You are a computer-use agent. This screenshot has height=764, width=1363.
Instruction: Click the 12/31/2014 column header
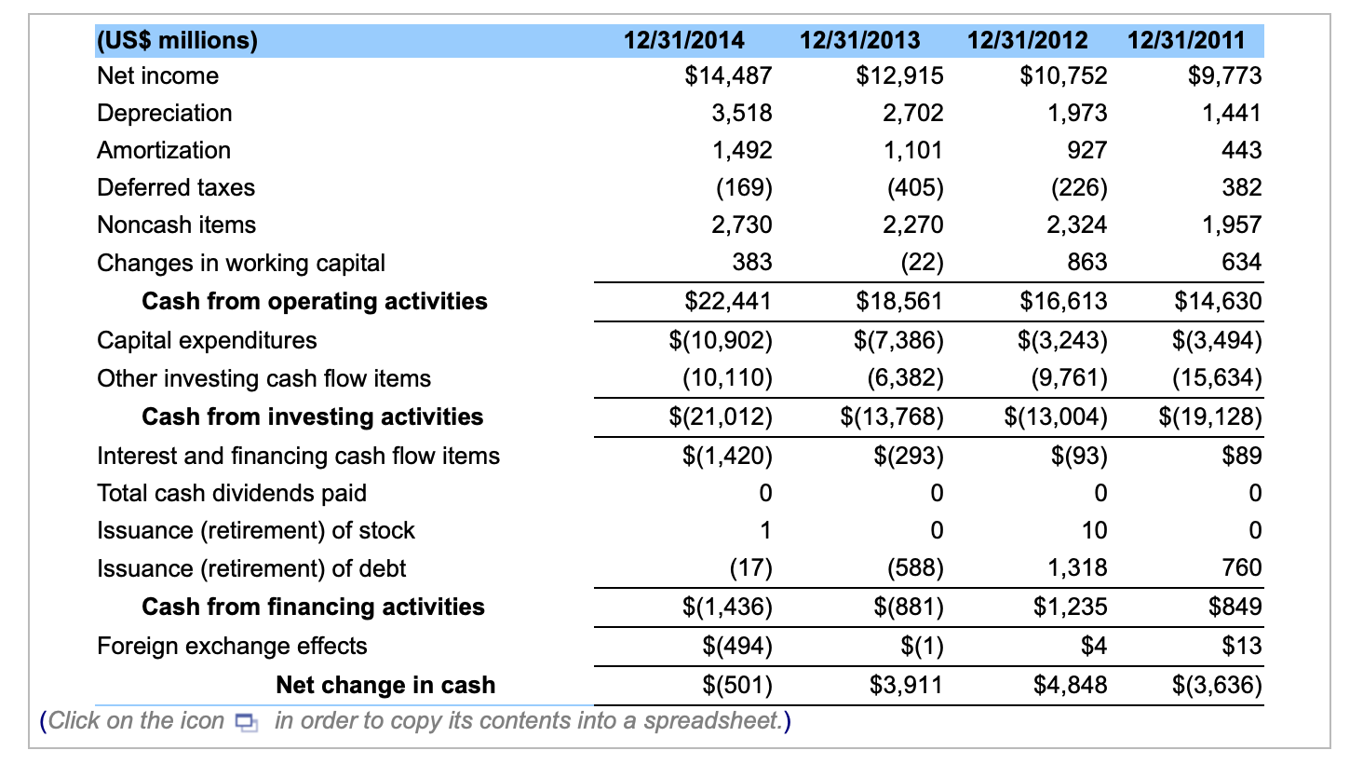pyautogui.click(x=683, y=40)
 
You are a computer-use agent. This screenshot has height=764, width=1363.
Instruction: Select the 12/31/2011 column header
pyautogui.click(x=1185, y=40)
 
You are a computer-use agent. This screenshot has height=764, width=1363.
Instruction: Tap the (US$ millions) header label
pyautogui.click(x=177, y=40)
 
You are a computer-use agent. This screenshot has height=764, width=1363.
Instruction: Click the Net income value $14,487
pyautogui.click(x=728, y=75)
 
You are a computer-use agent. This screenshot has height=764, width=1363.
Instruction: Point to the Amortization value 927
pyautogui.click(x=1086, y=150)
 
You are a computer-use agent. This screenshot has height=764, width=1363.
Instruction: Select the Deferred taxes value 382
pyautogui.click(x=1241, y=187)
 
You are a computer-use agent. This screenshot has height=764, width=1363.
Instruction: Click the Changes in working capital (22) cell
pyautogui.click(x=921, y=263)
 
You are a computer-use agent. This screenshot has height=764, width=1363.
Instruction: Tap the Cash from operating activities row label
pyautogui.click(x=314, y=301)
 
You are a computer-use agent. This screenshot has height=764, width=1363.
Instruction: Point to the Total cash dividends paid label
pyautogui.click(x=232, y=493)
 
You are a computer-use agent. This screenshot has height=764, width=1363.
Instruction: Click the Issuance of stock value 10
pyautogui.click(x=1094, y=530)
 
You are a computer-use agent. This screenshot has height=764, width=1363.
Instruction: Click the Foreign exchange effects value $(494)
pyautogui.click(x=736, y=646)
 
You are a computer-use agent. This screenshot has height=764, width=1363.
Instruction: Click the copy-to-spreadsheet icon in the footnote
pyautogui.click(x=246, y=722)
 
